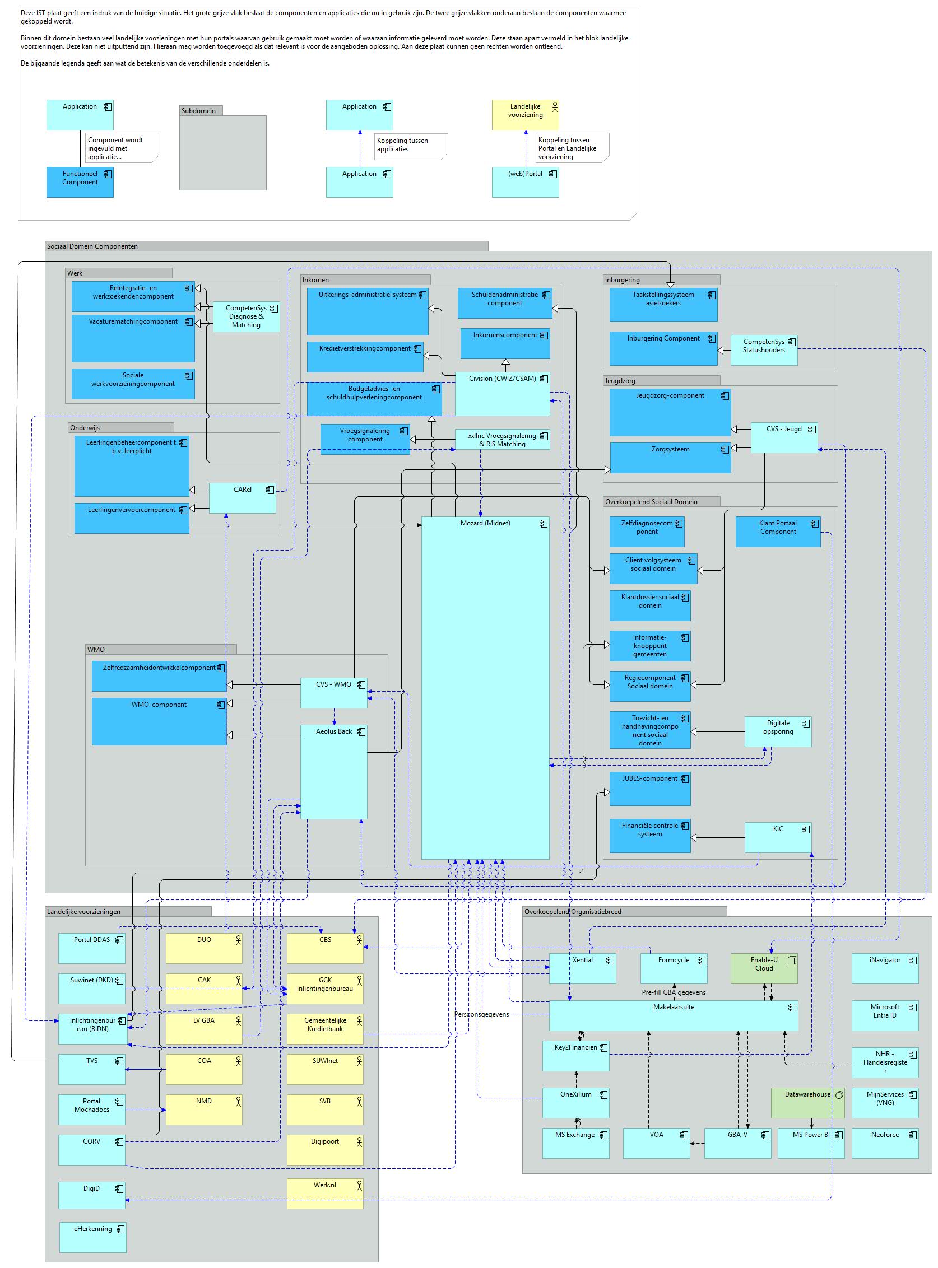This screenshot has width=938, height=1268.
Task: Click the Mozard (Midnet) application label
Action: pos(485,523)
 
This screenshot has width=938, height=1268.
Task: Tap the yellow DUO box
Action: pos(204,948)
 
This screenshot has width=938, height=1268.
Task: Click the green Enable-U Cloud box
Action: pos(764,968)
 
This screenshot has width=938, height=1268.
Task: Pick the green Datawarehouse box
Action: pos(807,1103)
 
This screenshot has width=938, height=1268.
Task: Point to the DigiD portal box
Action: pos(92,1195)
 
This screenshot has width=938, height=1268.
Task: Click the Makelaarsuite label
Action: pos(674,1007)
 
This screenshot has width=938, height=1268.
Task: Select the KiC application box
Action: pos(778,837)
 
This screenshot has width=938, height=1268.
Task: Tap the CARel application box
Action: pos(243,498)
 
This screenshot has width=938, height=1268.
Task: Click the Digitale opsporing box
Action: pos(778,731)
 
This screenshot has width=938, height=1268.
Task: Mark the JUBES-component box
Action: pos(650,789)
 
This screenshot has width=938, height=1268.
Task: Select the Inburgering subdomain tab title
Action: pos(623,280)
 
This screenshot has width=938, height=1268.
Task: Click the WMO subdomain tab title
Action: pos(96,649)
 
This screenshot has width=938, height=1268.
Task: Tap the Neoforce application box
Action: pos(885,1143)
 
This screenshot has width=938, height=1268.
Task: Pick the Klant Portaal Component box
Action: pos(778,532)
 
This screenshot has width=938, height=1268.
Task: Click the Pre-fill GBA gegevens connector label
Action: pos(674,992)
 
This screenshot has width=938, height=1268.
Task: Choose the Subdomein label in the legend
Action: pos(198,111)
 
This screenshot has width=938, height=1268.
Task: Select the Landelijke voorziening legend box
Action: pos(525,115)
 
